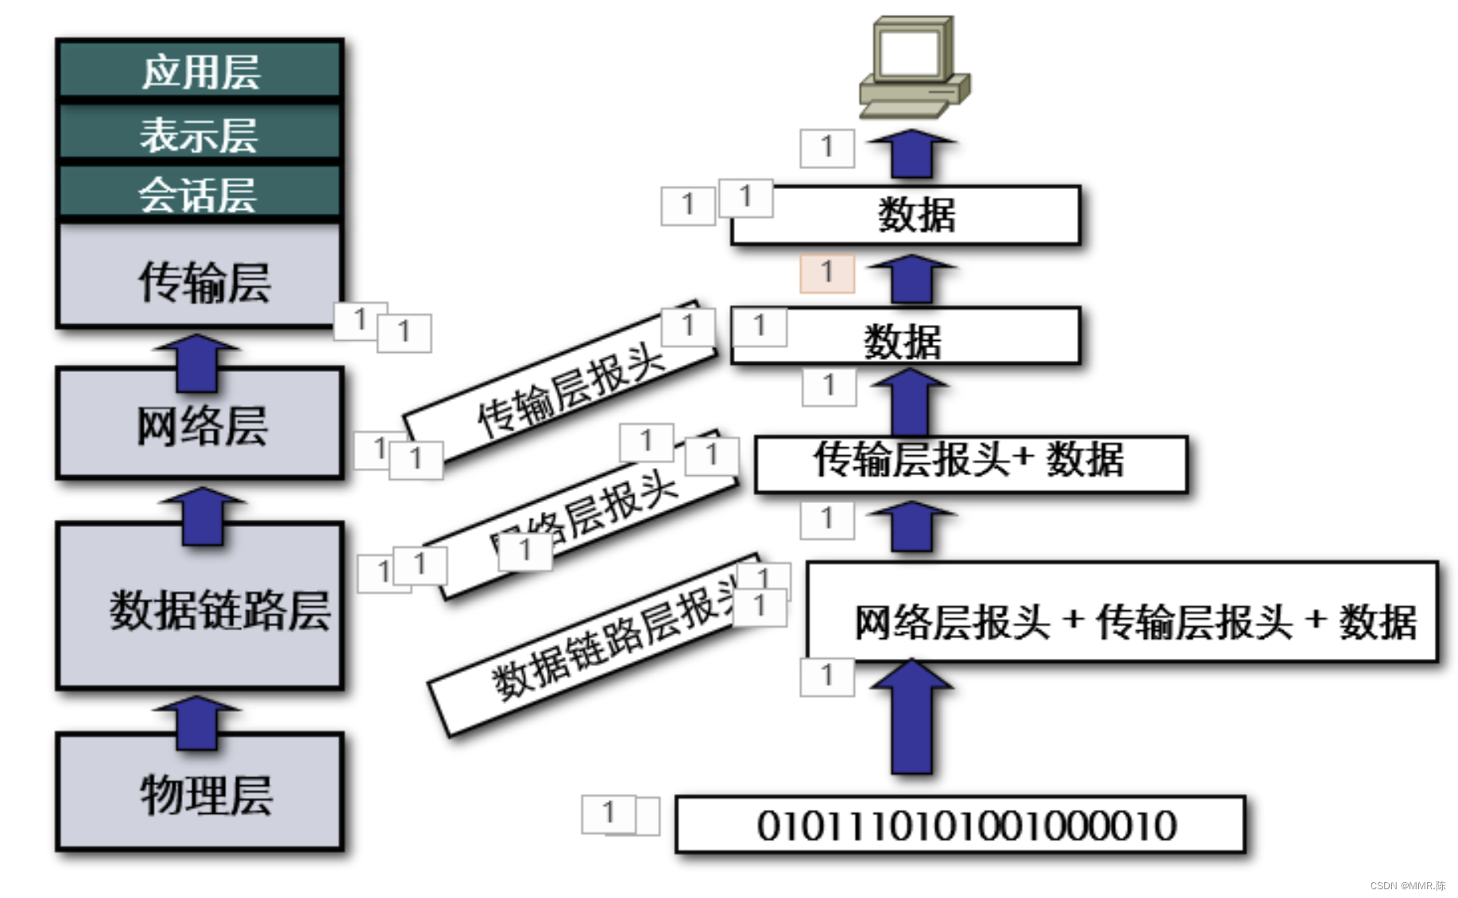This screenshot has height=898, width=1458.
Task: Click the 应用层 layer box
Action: pos(199,70)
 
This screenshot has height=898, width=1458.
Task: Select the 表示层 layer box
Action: pos(199,133)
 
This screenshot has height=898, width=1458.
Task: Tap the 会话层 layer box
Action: pos(199,193)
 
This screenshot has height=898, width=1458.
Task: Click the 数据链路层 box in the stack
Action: pos(199,608)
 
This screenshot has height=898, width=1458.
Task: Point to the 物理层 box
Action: pos(199,792)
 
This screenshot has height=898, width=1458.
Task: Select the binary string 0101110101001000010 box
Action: pos(959,825)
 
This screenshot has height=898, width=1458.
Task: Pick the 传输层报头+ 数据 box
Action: pos(969,463)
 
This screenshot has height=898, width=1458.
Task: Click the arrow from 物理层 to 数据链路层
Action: pos(196,721)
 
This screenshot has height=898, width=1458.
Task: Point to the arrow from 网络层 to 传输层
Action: pos(196,362)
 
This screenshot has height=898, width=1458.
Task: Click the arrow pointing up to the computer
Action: pos(911,153)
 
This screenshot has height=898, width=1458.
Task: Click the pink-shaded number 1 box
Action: pos(826,273)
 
